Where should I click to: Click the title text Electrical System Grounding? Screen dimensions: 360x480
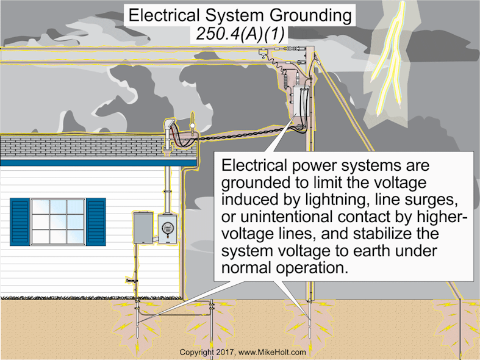[238, 15]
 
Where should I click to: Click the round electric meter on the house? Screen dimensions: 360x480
[166, 229]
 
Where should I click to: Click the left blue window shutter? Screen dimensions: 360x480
[20, 221]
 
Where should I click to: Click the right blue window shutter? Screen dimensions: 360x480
[96, 221]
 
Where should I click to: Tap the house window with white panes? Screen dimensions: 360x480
[57, 221]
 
